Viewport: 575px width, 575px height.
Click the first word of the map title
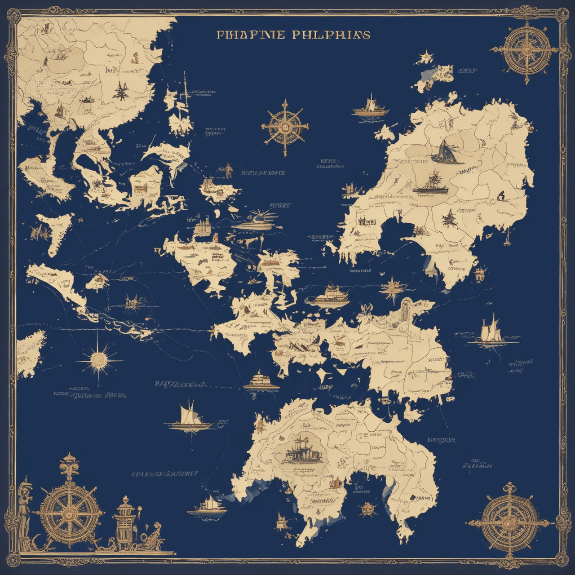(250, 35)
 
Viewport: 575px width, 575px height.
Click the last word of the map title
(332, 35)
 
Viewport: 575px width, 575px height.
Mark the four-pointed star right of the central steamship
(394, 287)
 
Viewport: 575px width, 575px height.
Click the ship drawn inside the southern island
(302, 451)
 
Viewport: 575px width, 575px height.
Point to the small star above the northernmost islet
(425, 57)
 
